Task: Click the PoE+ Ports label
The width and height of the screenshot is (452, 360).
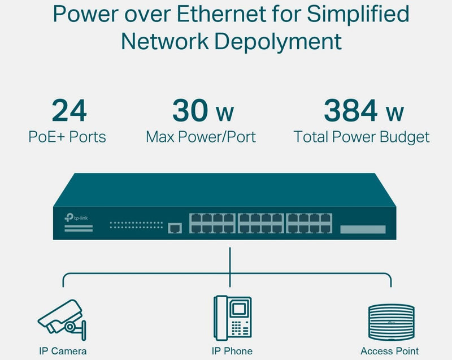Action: pos(67,137)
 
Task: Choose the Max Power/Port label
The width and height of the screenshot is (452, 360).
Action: pos(201,137)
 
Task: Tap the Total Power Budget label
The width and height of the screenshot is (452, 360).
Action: pos(361,137)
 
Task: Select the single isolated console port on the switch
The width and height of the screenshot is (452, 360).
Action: pos(175,227)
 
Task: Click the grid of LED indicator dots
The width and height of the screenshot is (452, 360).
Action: pos(136,225)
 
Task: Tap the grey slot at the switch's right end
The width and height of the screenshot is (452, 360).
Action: pos(363,229)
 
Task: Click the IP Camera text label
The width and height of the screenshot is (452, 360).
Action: pos(63,351)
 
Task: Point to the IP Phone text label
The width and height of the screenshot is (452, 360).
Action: pos(232,351)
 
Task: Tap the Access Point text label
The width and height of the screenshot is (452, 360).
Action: pos(390,351)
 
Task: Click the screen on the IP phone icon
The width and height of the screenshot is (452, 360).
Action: pos(240,309)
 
